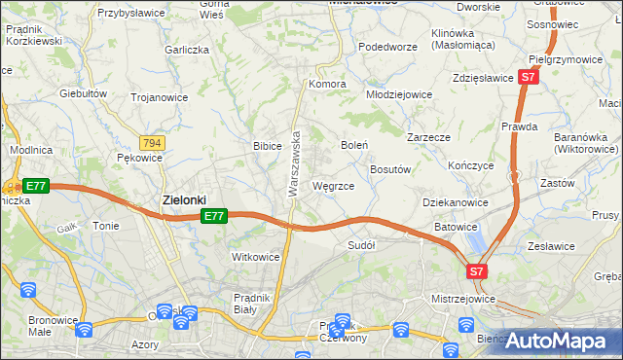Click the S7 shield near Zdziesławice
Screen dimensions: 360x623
point(528,76)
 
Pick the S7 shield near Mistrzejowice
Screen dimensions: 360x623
point(477,272)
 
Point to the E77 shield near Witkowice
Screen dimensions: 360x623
point(215,216)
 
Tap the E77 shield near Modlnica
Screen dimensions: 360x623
point(35,186)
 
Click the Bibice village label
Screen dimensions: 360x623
point(267,146)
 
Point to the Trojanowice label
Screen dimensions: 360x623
point(160,96)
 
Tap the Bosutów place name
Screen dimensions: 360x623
point(391,168)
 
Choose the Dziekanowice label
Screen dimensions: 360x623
point(455,202)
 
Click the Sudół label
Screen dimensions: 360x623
point(361,245)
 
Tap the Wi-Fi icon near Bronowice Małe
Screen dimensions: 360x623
point(27,290)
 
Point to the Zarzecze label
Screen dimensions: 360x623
point(428,137)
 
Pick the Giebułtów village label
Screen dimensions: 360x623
point(83,93)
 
